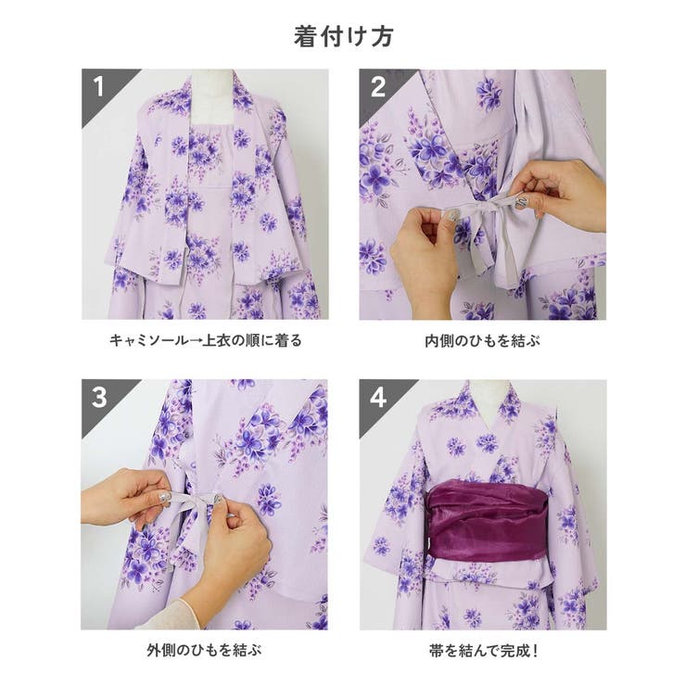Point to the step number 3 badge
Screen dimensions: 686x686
click(99, 398)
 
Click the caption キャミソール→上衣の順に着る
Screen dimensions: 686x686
click(205, 340)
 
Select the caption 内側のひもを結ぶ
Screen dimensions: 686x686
click(482, 340)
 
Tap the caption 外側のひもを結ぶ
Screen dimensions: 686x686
click(205, 650)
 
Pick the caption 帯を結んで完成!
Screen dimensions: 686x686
click(482, 650)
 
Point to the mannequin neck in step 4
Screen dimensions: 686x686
click(483, 391)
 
